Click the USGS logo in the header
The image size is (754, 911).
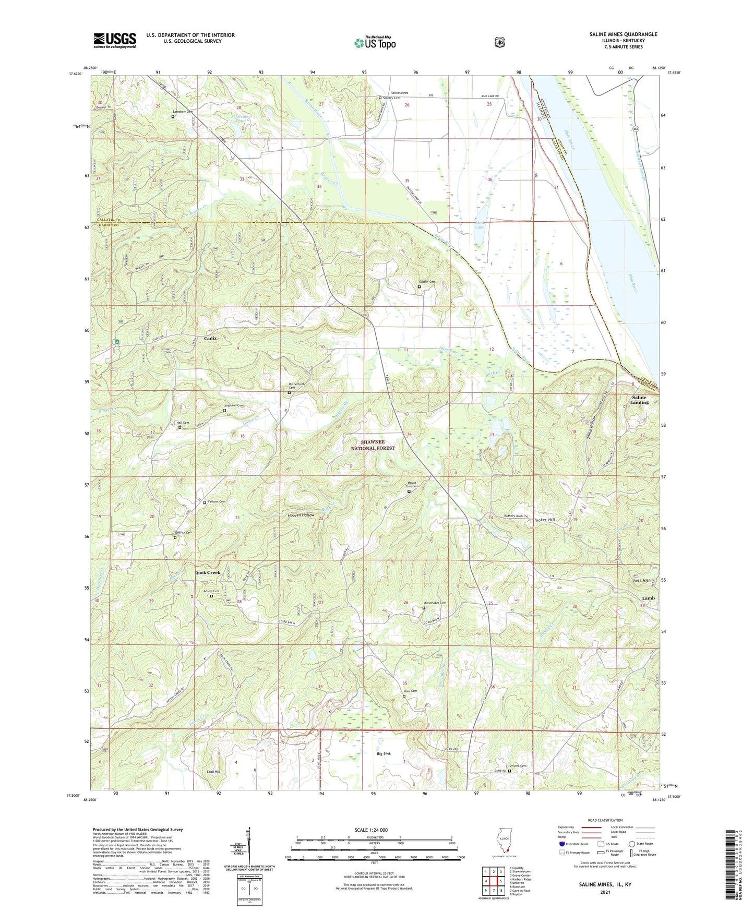(x=114, y=40)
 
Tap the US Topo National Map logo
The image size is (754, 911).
(x=374, y=42)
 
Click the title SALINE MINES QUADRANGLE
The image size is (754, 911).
(x=623, y=34)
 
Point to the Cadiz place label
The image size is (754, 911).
(x=210, y=339)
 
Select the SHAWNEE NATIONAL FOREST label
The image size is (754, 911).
(x=373, y=445)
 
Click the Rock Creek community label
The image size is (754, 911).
(x=208, y=572)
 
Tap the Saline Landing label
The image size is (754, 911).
(x=639, y=400)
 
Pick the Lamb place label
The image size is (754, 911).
(x=648, y=598)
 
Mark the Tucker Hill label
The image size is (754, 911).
(x=544, y=520)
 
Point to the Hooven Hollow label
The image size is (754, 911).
(x=301, y=515)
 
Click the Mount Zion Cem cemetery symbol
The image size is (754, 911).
(x=409, y=491)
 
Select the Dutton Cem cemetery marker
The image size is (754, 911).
(x=419, y=286)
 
